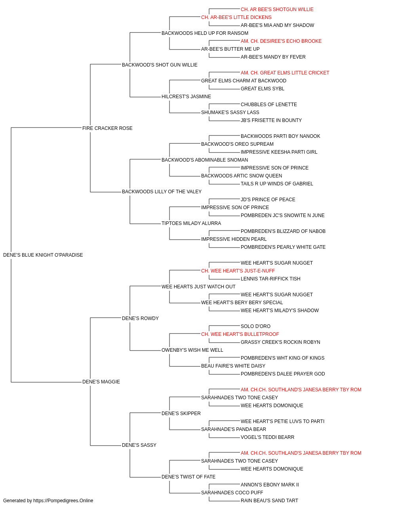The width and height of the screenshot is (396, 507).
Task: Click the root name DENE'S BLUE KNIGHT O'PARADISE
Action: pos(43,255)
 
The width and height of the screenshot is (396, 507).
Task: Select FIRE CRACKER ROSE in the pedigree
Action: pos(107,128)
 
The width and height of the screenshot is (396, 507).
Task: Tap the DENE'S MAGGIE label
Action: pos(101,382)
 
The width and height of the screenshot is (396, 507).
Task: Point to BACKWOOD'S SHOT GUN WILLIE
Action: pos(160,65)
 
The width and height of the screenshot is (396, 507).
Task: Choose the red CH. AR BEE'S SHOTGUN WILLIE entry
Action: pos(277,10)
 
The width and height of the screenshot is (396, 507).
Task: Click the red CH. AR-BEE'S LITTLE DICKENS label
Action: pos(236,17)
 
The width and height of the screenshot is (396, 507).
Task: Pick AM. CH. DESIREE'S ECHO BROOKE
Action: pos(281,41)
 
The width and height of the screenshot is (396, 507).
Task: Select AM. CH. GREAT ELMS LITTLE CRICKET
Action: pos(285,73)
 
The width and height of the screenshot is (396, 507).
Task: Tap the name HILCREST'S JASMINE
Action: pos(186,96)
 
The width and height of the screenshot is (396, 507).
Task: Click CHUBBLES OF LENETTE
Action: pos(268,104)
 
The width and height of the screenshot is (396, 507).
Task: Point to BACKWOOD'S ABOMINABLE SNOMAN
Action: pos(205,160)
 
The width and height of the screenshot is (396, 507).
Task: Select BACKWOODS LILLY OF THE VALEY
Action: pos(162,192)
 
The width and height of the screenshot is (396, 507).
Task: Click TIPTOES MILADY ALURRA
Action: pos(191,223)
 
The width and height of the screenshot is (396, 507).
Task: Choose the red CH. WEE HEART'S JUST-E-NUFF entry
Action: pos(238,271)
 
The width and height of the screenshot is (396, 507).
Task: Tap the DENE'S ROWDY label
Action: pos(140,318)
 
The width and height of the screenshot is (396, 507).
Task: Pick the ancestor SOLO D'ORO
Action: pos(255,326)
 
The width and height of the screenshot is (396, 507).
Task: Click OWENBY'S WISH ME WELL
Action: pos(192,350)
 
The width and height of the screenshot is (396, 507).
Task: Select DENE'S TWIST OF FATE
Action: pos(188,477)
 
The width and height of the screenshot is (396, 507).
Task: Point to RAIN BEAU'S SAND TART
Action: pos(269,501)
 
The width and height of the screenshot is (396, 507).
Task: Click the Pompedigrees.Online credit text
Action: pos(48,501)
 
